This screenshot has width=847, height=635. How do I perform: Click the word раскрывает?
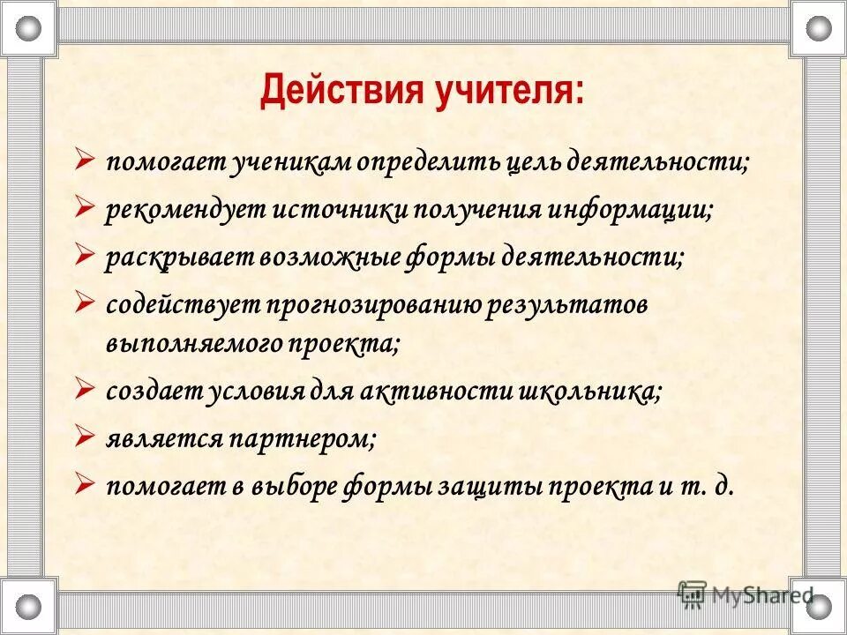179,257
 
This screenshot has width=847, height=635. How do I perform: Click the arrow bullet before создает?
85,389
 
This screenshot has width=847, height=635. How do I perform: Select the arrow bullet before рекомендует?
85,208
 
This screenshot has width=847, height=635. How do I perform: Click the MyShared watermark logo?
746,594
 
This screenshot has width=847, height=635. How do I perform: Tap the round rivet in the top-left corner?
29,28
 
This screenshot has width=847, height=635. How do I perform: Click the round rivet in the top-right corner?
818,28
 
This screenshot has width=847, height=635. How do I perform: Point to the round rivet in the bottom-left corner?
29,607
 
